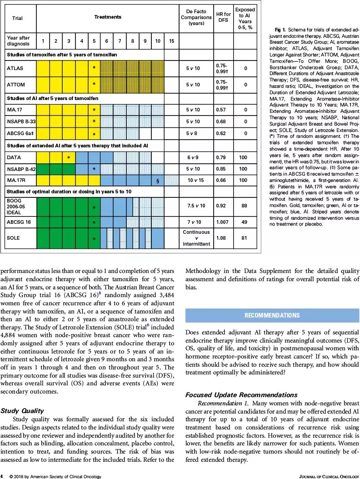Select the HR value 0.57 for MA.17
[x=221, y=110]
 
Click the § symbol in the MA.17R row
[x=157, y=180]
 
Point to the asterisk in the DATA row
[x=68, y=157]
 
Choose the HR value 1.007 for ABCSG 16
[x=221, y=222]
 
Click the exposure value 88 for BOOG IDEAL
[x=245, y=206]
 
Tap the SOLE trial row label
[x=14, y=238]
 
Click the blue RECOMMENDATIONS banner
[x=272, y=315]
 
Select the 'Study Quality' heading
[x=22, y=411]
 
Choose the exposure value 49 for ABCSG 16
[x=245, y=222]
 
